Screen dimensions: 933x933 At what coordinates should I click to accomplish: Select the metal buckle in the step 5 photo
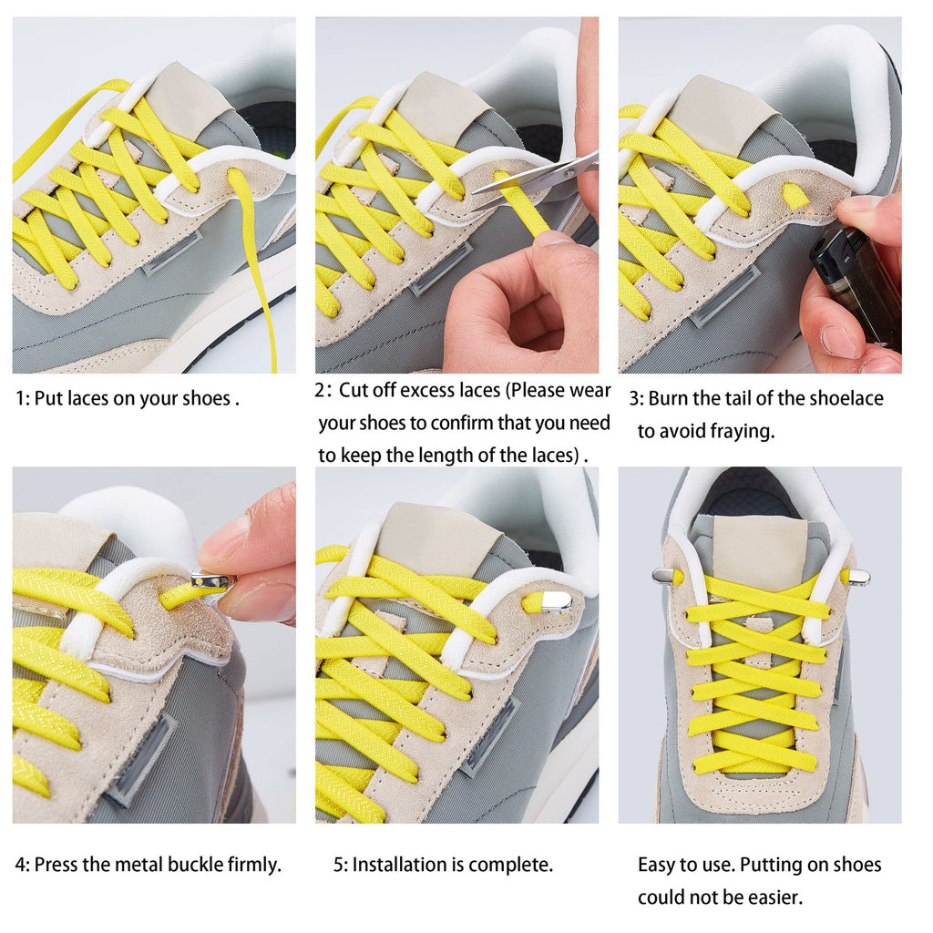(x=556, y=600)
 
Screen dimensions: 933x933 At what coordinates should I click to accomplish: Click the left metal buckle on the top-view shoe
(x=663, y=575)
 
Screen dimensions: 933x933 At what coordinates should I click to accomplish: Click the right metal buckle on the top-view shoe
(x=858, y=577)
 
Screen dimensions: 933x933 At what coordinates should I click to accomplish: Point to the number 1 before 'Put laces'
(x=21, y=398)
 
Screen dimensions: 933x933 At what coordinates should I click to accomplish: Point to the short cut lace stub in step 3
(x=795, y=195)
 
